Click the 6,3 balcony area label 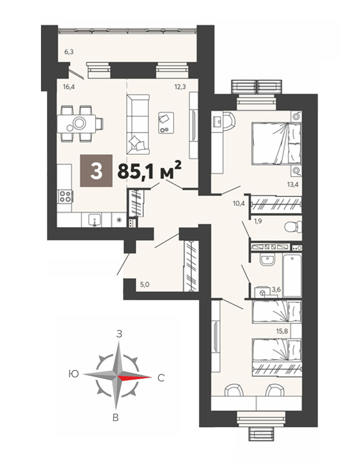tap(69, 52)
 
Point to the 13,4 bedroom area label tap(292, 184)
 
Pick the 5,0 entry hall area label tap(145, 284)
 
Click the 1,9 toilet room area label tap(258, 221)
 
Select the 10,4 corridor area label tap(238, 204)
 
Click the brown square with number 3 tap(96, 171)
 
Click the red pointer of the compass tap(135, 377)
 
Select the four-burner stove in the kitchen tap(65, 197)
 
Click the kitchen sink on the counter tap(95, 220)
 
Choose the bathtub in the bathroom tap(292, 275)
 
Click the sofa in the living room tap(138, 124)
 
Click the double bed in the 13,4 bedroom tap(276, 144)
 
